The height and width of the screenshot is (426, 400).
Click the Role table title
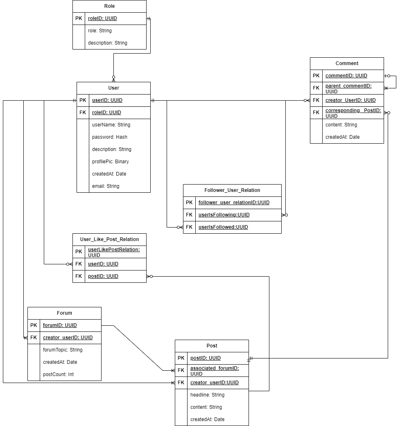[x=109, y=6]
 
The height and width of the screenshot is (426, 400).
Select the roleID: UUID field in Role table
[x=102, y=18]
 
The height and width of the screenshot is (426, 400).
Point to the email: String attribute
[x=106, y=186]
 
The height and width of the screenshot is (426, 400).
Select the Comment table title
[x=347, y=63]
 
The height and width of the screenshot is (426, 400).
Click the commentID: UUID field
[x=346, y=76]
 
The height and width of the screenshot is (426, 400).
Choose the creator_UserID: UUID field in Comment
[x=350, y=100]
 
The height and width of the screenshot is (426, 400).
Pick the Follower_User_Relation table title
[x=232, y=190]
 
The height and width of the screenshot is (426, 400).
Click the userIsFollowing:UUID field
[x=224, y=215]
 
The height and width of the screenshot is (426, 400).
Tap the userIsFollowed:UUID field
[x=223, y=227]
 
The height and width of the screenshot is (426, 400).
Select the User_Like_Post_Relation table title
[x=109, y=239]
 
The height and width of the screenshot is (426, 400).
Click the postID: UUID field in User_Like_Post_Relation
[x=103, y=276]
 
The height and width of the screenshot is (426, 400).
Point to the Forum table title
[x=64, y=313]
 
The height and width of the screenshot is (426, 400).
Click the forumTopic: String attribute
[x=63, y=350]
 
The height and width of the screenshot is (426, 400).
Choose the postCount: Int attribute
[x=58, y=374]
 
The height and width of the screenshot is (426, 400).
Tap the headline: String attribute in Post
[x=207, y=395]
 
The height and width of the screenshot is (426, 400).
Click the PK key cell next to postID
[x=181, y=358]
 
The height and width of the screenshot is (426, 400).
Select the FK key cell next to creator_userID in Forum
[x=34, y=338]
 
